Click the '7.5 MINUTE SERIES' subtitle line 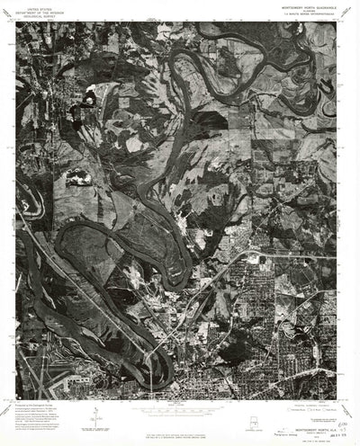pyautogui.click(x=299, y=17)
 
